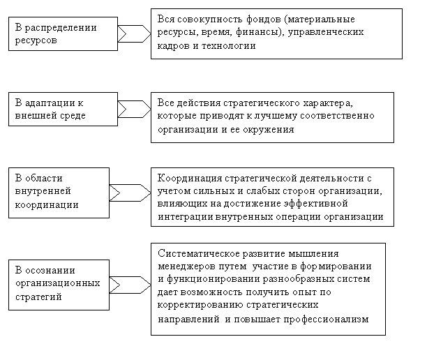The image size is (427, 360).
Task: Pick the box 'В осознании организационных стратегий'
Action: coord(59,284)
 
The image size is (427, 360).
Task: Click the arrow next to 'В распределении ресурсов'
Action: coord(133,33)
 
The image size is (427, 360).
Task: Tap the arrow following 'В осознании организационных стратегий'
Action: coord(129,284)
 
